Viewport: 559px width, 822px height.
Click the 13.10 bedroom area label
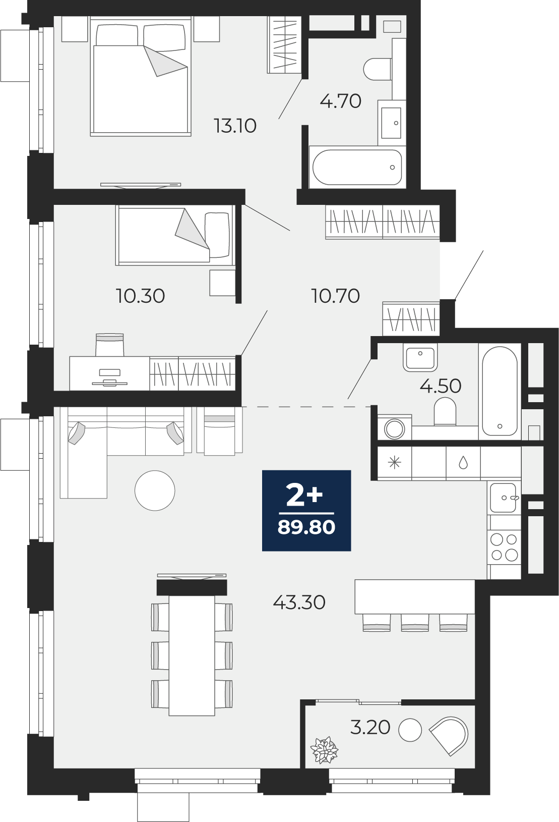[235, 126]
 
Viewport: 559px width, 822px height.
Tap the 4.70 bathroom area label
[341, 101]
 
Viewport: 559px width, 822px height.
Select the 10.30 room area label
[141, 296]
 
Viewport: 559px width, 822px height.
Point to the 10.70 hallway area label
[335, 296]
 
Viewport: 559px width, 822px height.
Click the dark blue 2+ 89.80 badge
[306, 511]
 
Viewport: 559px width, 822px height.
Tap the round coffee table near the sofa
[155, 490]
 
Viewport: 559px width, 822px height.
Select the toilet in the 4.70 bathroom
[378, 69]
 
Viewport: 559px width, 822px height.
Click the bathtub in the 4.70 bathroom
[357, 167]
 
